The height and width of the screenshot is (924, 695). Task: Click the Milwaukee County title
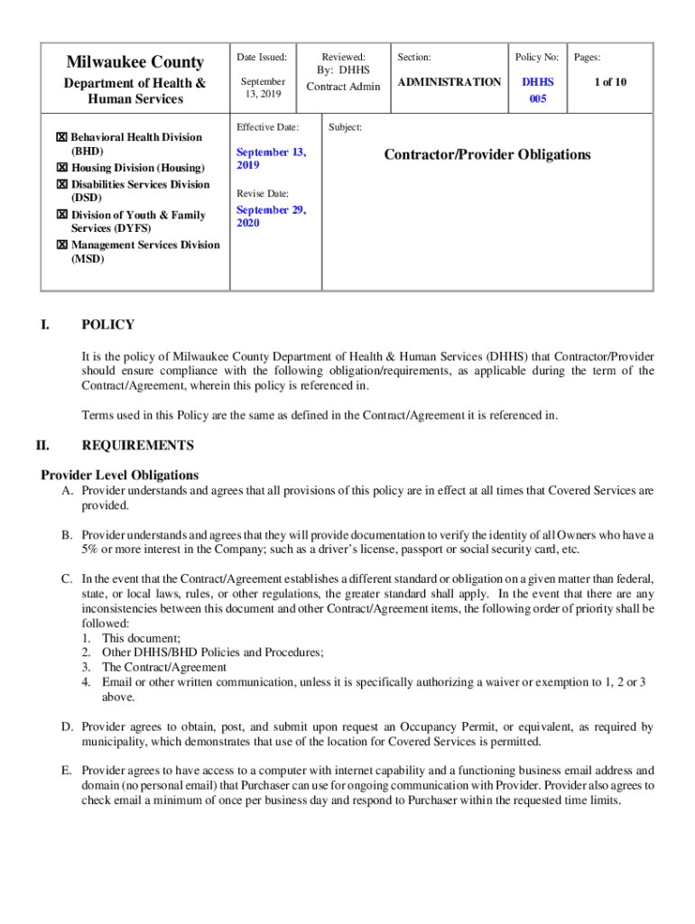point(134,62)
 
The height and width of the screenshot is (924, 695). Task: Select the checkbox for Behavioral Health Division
point(61,137)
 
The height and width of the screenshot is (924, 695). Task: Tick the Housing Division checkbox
point(61,168)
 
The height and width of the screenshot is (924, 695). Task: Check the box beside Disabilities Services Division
point(61,184)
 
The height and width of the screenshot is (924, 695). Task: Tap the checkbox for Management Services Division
point(61,245)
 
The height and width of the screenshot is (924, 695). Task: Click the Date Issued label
point(261,57)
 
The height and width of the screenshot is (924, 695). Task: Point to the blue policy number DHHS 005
point(538,90)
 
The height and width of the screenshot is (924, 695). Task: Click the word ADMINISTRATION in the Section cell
point(449,82)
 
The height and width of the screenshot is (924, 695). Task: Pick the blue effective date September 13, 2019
point(271,159)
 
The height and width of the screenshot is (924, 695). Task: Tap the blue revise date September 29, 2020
point(271,216)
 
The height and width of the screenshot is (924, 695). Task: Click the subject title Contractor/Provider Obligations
point(487,154)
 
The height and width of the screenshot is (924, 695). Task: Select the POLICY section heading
point(107,325)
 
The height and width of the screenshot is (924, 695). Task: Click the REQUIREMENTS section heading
point(137,445)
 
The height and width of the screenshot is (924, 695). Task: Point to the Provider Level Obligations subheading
point(120,475)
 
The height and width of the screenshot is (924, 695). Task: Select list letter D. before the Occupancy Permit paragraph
point(67,726)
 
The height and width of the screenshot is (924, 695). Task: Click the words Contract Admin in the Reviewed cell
point(343,87)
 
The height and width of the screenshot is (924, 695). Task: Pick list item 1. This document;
point(135,638)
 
